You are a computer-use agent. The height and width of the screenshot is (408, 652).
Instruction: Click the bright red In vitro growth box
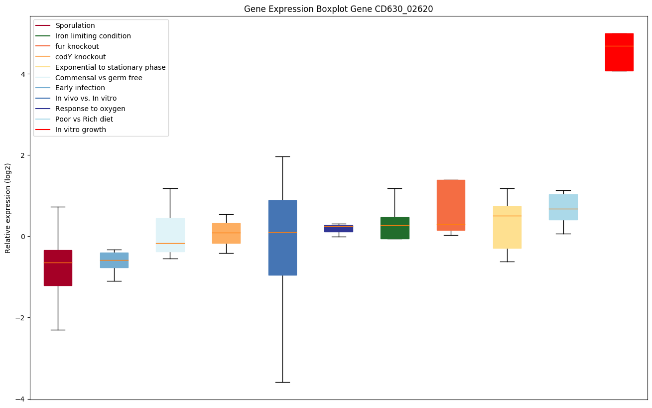coord(619,52)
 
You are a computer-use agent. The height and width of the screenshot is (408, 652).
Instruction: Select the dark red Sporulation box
coord(58,268)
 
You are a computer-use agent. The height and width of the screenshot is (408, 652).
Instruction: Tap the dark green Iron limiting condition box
coord(394,228)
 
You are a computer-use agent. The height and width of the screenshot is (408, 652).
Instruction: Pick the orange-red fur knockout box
coord(451,205)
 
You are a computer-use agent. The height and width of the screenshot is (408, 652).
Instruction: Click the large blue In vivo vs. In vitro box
coord(282,238)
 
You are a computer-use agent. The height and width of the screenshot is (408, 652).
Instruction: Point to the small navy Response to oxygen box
coord(339,229)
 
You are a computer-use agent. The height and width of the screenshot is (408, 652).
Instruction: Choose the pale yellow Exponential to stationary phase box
coord(507,227)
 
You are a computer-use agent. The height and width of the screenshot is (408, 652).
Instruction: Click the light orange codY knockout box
coord(226,233)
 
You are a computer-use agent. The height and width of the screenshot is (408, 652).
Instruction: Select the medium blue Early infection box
coord(114,260)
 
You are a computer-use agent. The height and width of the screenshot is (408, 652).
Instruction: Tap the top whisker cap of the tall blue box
coord(282,156)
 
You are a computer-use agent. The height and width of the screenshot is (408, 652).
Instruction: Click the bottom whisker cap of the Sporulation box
coord(58,330)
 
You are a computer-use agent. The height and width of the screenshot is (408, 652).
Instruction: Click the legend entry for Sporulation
coord(75,25)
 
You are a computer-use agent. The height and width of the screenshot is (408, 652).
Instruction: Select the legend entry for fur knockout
coord(77,46)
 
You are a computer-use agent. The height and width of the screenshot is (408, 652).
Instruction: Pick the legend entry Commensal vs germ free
coord(99,78)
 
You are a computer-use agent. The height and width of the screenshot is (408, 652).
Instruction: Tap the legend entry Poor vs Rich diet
coord(84,120)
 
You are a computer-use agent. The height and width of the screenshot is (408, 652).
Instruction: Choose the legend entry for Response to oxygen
coord(90,109)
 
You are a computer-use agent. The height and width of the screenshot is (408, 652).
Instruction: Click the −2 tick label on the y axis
coord(21,318)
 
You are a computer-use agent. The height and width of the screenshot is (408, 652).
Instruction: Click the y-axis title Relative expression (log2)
coord(8,208)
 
